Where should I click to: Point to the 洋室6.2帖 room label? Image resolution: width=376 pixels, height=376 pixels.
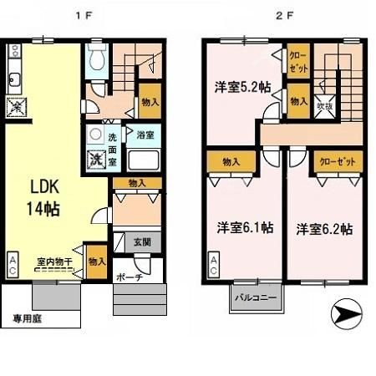(x=323, y=227)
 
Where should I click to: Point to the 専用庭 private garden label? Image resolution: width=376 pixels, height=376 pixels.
(x=28, y=318)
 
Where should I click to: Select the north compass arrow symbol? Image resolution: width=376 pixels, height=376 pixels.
(x=348, y=316)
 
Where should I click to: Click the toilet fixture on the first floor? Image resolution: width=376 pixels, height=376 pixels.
(x=96, y=58)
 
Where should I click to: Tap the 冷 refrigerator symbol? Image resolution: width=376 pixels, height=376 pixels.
(x=15, y=108)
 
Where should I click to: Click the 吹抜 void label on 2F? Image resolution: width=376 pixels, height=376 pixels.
(x=324, y=106)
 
